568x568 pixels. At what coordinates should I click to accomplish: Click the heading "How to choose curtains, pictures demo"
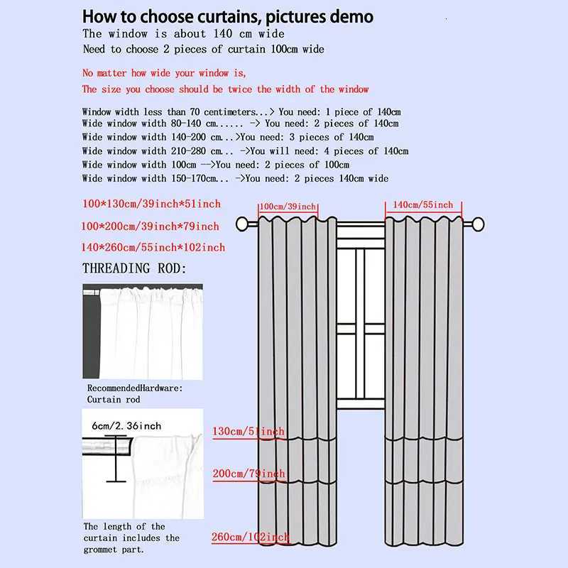(227, 16)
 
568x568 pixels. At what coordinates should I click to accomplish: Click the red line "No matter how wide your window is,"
(164, 73)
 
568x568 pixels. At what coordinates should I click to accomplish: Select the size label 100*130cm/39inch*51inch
(151, 204)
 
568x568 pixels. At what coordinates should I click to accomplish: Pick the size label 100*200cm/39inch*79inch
(151, 226)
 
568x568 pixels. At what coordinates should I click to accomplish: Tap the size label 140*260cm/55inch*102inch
(153, 247)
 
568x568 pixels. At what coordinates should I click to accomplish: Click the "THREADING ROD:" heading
(135, 268)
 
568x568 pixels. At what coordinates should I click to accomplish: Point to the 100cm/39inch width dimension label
(288, 207)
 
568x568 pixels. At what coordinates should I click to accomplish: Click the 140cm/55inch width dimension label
(423, 204)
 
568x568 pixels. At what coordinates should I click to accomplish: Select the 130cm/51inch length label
(248, 432)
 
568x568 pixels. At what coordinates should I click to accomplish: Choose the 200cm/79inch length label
(248, 474)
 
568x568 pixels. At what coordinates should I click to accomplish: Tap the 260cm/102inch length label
(250, 537)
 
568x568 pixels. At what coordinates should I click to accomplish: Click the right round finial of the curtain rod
(478, 225)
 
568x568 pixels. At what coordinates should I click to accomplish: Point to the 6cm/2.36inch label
(126, 426)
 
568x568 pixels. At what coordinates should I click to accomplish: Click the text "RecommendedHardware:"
(135, 388)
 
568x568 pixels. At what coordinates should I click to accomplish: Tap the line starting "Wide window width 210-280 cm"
(245, 151)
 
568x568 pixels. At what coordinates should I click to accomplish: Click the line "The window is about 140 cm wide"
(183, 33)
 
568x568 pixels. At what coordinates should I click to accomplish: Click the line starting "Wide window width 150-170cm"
(235, 178)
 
